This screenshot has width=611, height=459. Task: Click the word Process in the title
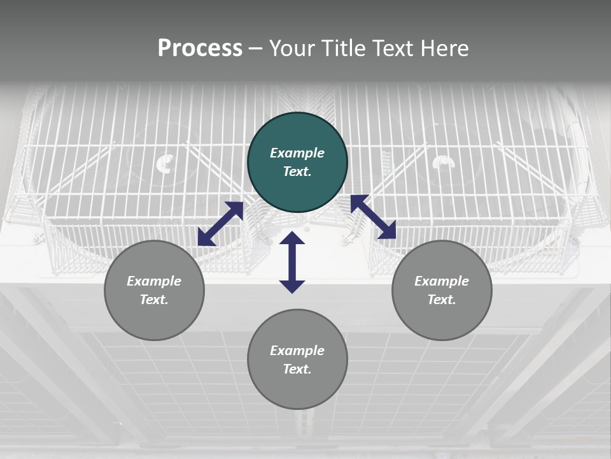click(x=200, y=48)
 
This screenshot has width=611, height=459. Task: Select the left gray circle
click(x=154, y=290)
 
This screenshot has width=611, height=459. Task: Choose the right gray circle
click(x=442, y=290)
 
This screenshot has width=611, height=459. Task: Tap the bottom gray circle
click(x=297, y=360)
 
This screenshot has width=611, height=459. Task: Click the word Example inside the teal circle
click(x=297, y=153)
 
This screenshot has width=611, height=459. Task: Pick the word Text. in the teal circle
click(x=297, y=171)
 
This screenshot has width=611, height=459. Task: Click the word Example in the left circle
click(x=154, y=281)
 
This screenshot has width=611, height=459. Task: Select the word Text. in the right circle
click(x=442, y=300)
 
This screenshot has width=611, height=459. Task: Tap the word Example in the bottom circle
click(x=297, y=351)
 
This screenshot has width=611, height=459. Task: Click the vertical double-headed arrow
click(x=292, y=262)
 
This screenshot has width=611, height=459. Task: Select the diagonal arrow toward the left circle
click(x=220, y=224)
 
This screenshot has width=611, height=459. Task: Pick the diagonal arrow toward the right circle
click(x=374, y=217)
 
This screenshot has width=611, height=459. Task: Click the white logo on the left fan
click(x=164, y=164)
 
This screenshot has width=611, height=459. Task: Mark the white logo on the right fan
click(x=443, y=163)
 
